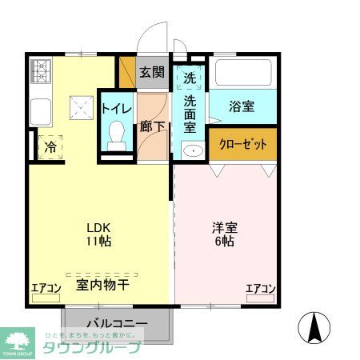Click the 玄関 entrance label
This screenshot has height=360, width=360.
[152, 72]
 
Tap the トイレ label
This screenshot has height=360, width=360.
[117, 107]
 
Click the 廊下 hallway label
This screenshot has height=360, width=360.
[151, 126]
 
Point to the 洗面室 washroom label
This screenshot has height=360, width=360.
[190, 113]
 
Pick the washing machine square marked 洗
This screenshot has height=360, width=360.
[190, 78]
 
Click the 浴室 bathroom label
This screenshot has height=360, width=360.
[242, 105]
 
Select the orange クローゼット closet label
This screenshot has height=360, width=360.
[242, 144]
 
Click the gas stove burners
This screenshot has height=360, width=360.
[40, 72]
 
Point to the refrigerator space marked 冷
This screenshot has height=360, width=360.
[50, 147]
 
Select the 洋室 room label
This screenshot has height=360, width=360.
[225, 226]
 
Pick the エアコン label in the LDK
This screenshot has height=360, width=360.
[46, 289]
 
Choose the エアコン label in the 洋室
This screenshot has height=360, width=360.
[261, 289]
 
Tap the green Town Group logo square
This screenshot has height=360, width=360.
[18, 341]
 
